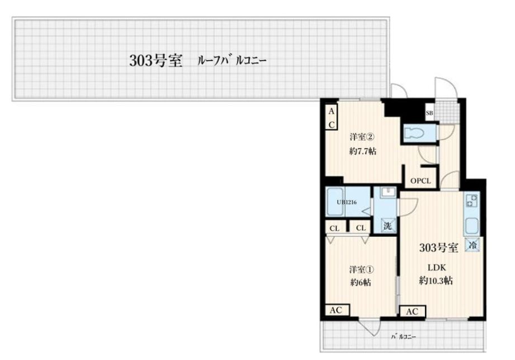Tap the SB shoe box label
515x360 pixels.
(429, 113)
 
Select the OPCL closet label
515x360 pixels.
(420, 181)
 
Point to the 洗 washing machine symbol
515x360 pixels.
(387, 226)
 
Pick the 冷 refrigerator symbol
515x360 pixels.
(473, 244)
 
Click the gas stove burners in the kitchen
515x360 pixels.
(471, 201)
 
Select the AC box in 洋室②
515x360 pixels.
(331, 119)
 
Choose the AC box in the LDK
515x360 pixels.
(412, 311)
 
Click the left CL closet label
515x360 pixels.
(334, 228)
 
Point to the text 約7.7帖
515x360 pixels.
(362, 151)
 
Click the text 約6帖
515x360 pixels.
(361, 282)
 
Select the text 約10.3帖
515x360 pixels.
(436, 281)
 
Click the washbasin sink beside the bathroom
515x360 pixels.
(386, 193)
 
